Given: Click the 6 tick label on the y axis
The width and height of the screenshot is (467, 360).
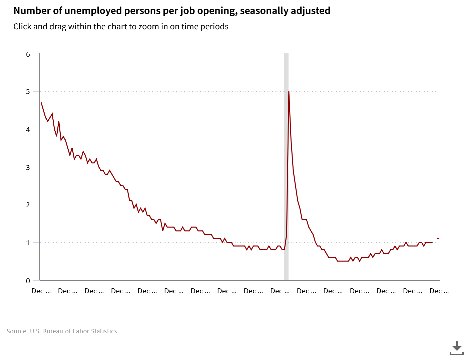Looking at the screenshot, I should click(x=28, y=54).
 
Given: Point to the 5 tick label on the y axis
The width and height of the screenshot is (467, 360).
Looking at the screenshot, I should click(x=28, y=91).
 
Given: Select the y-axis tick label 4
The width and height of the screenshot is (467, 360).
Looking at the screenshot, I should click(x=28, y=129).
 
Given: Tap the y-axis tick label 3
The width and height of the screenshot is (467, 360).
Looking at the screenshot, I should click(x=28, y=167).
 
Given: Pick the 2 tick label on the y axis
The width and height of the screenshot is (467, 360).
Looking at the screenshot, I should click(x=28, y=205).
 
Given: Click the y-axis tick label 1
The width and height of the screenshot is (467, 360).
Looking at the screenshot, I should click(x=28, y=243).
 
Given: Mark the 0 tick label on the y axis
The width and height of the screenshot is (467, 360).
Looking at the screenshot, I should click(x=28, y=281).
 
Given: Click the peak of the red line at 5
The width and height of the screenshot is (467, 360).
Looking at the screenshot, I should click(x=289, y=92).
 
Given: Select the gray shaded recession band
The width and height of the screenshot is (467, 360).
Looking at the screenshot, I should click(x=286, y=167).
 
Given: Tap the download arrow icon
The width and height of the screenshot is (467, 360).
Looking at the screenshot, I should click(x=457, y=347).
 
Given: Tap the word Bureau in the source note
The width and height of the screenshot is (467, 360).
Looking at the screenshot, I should click(x=53, y=331).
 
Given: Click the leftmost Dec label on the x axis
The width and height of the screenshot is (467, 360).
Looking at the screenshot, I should click(x=41, y=291).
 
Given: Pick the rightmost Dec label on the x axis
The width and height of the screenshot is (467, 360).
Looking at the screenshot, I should click(x=439, y=291).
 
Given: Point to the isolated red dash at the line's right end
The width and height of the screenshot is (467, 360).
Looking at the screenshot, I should click(x=438, y=238).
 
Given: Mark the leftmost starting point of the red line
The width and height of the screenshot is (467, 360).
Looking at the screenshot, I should click(x=41, y=103).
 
